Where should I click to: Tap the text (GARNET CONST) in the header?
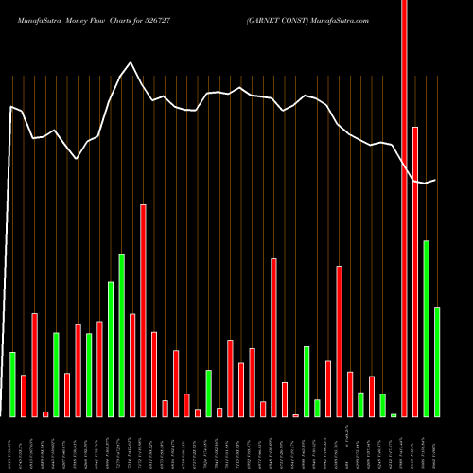(274, 19)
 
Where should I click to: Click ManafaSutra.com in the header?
(338, 19)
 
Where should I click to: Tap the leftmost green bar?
(12, 384)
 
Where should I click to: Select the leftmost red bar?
(24, 395)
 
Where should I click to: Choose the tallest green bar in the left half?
(121, 335)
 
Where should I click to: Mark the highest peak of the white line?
(131, 63)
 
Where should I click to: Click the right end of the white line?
(436, 180)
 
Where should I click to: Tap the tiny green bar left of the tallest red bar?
(394, 414)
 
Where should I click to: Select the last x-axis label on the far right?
(437, 445)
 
